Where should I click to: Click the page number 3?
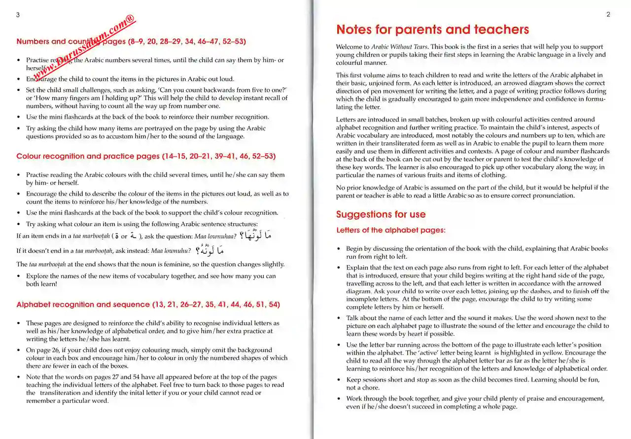click(18, 15)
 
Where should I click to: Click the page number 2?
click(608, 15)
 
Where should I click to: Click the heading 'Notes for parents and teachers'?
click(432, 30)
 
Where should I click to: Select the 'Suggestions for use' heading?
click(381, 214)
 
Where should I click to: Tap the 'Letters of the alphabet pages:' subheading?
click(391, 230)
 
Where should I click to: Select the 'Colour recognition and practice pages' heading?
click(146, 156)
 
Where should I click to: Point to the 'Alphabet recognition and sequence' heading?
click(148, 304)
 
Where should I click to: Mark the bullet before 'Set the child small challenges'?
click(19, 90)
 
